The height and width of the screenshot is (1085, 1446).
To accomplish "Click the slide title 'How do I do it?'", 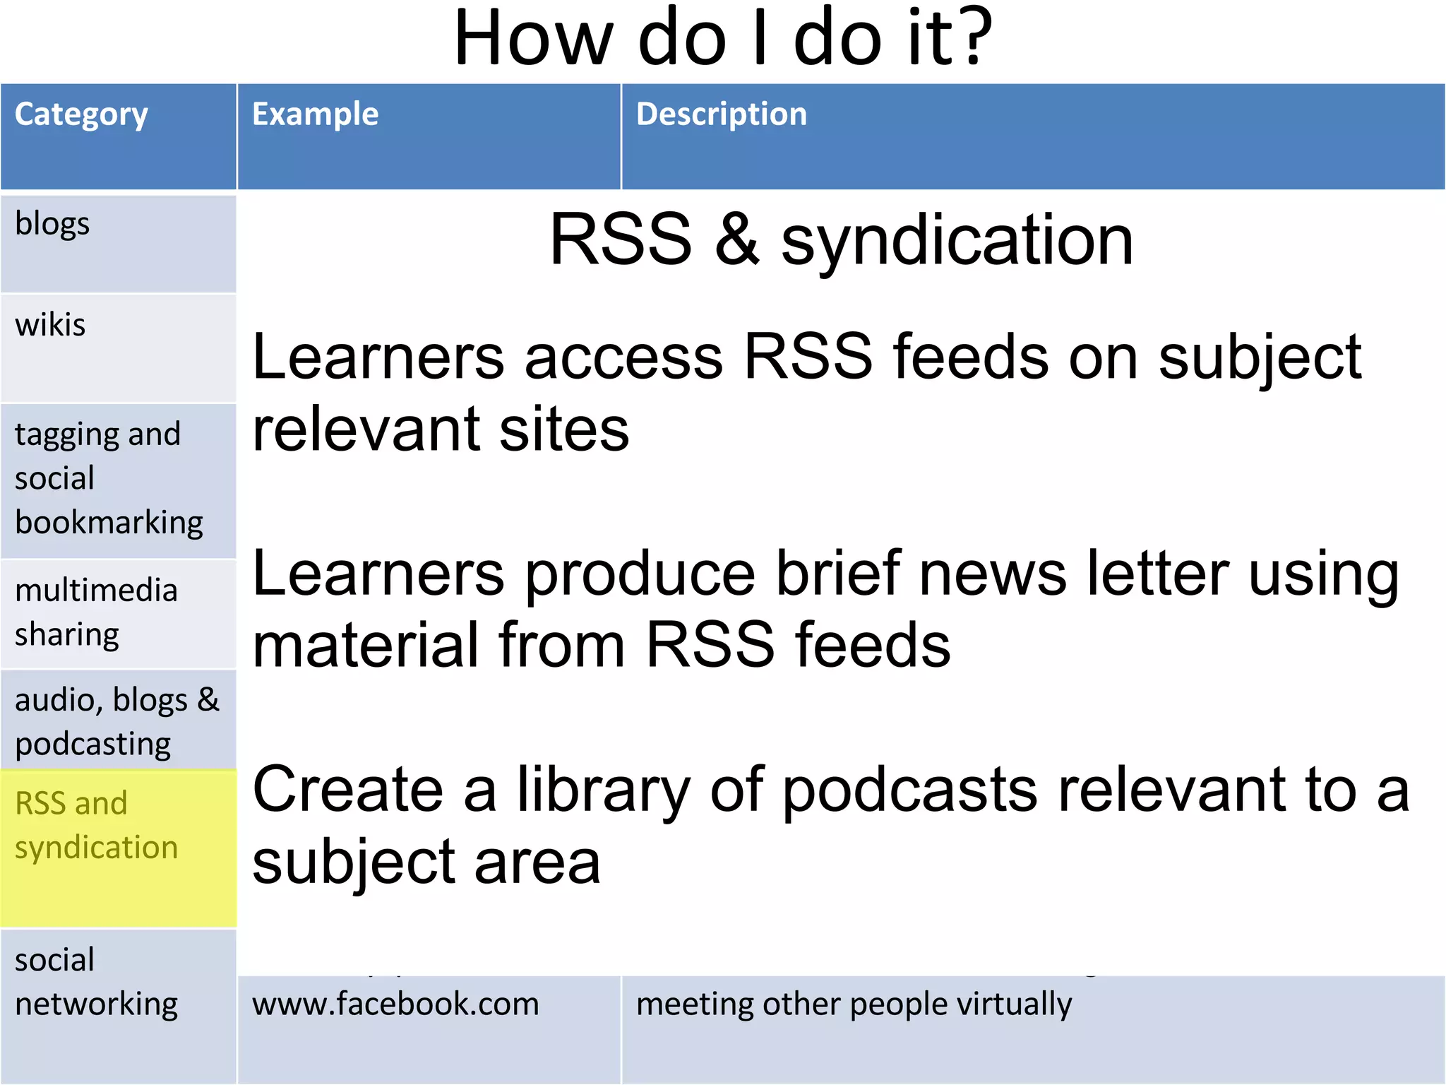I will coord(723,39).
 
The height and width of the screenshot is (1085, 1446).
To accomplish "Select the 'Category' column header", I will coord(81,115).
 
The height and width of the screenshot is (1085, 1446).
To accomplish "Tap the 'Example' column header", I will coord(315,114).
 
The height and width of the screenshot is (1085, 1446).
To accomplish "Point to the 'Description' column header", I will coord(721,114).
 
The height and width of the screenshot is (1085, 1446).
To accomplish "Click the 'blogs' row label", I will coord(52,225).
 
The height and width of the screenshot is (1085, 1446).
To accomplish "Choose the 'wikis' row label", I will coord(50,326).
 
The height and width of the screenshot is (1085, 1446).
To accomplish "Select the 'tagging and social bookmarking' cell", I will coord(109,479).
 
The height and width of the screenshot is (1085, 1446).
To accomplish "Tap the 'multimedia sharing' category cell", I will coord(96,612).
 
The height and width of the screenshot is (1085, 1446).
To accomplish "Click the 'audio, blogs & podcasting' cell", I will coord(116,721).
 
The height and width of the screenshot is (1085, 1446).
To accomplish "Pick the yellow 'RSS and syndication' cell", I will coord(96,826).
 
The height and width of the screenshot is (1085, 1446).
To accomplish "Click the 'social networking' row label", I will coord(96,983).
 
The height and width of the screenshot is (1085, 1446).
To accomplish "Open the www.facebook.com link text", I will coord(395,1004).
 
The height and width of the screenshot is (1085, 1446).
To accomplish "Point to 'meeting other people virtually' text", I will coord(854,1004).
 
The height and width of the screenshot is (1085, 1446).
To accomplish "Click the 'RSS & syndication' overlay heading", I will coord(841,241).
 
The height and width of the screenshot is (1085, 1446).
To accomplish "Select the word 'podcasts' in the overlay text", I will coord(910,790).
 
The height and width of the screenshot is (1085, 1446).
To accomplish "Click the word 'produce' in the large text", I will coord(640,575).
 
